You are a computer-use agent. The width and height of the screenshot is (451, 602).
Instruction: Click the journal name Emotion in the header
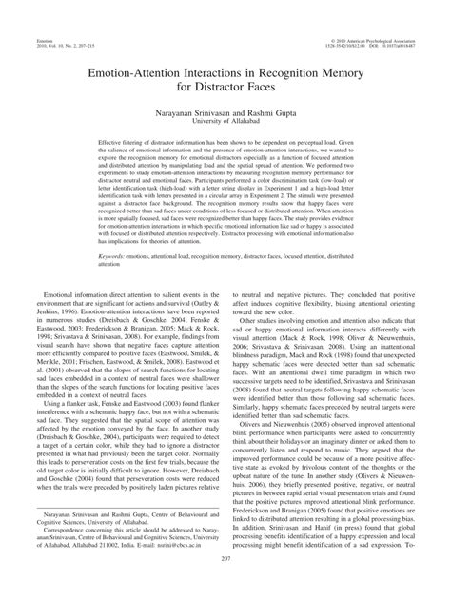tap(35, 12)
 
